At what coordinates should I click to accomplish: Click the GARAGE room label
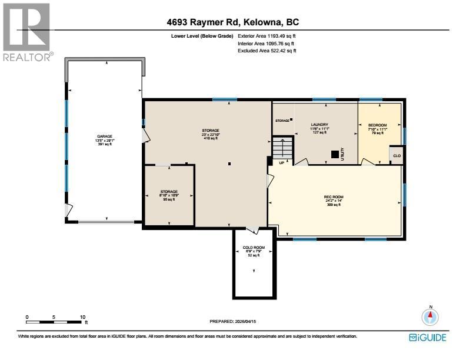[x=104, y=136]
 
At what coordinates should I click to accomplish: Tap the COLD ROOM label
[x=254, y=248]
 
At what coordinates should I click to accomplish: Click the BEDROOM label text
[x=377, y=125]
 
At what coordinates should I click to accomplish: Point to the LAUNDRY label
[x=319, y=125]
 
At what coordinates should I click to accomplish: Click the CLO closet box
[x=397, y=155]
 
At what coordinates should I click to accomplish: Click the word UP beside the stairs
[x=282, y=162]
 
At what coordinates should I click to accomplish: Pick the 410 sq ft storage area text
[x=211, y=138]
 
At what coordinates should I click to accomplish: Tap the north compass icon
[x=431, y=316]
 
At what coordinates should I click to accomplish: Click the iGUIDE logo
[x=428, y=338]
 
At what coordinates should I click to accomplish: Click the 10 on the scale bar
[x=82, y=317]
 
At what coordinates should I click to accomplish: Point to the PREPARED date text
[x=234, y=321]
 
